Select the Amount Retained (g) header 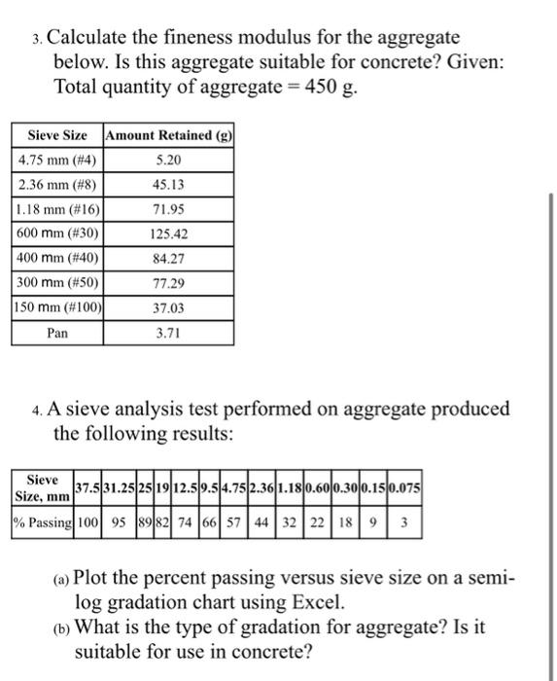[x=168, y=135]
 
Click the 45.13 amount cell [x=168, y=184]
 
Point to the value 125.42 [x=168, y=233]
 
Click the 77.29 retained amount [x=168, y=282]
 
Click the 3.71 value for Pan [x=168, y=333]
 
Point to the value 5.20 [x=168, y=159]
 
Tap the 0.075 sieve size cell [x=405, y=487]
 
